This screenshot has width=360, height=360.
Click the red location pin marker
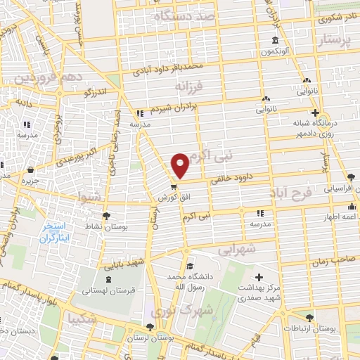[181, 165]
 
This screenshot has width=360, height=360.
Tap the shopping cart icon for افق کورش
[173, 187]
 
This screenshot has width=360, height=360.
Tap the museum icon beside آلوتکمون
[274, 40]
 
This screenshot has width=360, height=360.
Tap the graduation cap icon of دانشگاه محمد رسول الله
[190, 266]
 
